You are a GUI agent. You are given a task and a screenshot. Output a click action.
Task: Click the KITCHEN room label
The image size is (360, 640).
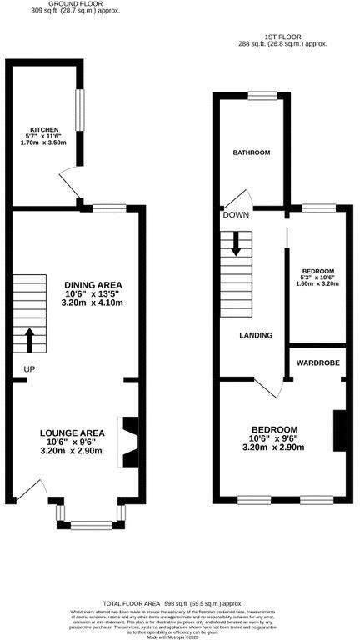tap(44, 130)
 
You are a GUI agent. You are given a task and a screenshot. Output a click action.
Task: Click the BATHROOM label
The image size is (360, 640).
tap(251, 152)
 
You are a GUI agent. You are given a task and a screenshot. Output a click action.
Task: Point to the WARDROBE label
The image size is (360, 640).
tap(317, 363)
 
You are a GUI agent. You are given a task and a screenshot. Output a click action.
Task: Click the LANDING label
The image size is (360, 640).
tap(256, 335)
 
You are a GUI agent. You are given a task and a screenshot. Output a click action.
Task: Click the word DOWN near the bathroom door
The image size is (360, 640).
tap(235, 215)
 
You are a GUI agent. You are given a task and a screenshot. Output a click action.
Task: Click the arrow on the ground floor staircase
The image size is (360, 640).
tap(30, 337)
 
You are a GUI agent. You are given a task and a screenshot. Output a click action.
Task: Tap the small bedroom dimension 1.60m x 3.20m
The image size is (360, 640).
tap(317, 283)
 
